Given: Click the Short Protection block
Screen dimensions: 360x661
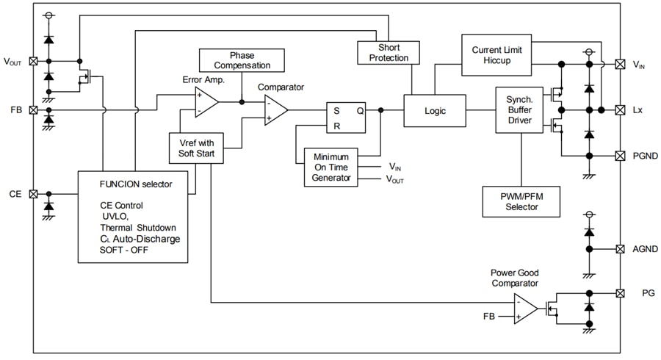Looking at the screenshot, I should [x=389, y=53].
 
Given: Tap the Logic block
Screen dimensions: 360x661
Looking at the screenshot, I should [x=435, y=110].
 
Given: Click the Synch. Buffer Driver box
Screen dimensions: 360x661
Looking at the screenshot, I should [x=519, y=109].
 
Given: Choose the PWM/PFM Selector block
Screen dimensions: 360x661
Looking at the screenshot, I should [x=521, y=201].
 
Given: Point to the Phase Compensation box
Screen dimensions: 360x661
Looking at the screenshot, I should [x=242, y=60].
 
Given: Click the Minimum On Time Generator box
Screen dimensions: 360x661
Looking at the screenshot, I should [x=331, y=168].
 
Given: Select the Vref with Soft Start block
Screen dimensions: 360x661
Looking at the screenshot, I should [x=196, y=148].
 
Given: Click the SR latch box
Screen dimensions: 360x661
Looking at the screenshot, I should [x=346, y=118].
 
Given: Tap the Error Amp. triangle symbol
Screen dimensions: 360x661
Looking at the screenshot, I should [x=205, y=102].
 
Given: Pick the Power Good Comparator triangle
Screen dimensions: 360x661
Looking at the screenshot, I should [x=525, y=309].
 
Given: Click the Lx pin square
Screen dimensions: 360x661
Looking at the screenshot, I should [x=621, y=109].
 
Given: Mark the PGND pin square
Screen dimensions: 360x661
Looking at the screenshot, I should [x=621, y=156].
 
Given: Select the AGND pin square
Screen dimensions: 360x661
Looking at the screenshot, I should [x=621, y=250].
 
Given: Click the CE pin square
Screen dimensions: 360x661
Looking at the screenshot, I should [x=33, y=195].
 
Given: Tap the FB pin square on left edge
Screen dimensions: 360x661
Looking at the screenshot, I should [x=33, y=109].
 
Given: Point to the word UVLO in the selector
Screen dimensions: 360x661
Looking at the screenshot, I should [x=114, y=216].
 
